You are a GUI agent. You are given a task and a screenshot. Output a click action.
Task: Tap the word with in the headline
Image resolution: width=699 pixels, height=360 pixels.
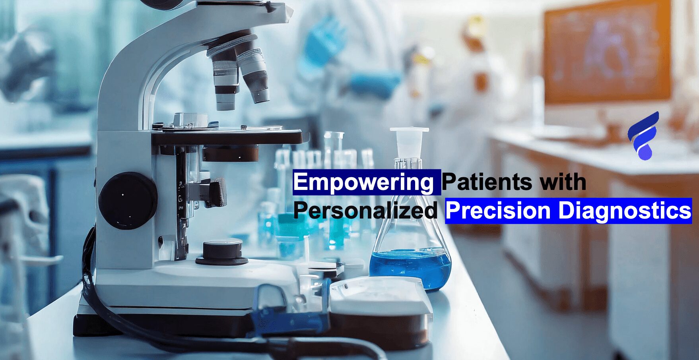[563, 182]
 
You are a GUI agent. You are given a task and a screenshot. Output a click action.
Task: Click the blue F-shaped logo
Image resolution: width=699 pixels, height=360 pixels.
[643, 136]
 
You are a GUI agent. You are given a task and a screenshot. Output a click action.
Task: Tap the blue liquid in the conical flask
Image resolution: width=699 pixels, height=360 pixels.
[410, 268]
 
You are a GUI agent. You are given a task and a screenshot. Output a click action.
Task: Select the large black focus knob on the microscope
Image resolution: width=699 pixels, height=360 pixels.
[128, 201]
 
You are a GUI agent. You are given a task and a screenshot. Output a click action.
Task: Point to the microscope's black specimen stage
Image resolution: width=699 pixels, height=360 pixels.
[227, 137]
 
